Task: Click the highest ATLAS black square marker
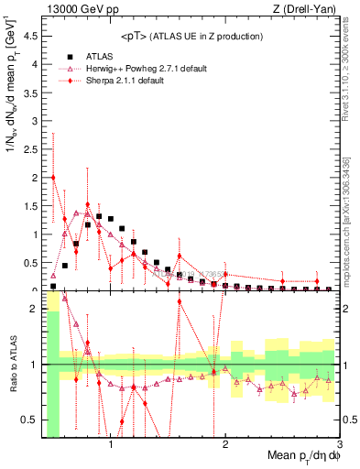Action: pos(99,216)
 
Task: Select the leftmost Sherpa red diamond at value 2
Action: pos(53,178)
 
